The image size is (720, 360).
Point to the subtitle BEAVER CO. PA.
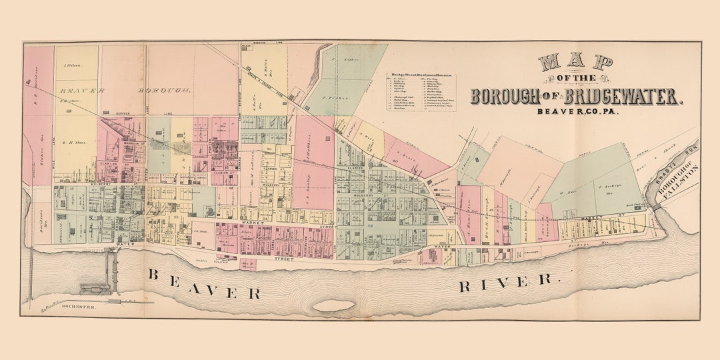[x=577, y=111]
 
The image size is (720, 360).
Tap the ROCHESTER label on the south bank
[x=79, y=307]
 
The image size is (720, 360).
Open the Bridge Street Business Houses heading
[x=422, y=75]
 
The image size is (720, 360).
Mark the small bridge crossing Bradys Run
[x=661, y=208]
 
